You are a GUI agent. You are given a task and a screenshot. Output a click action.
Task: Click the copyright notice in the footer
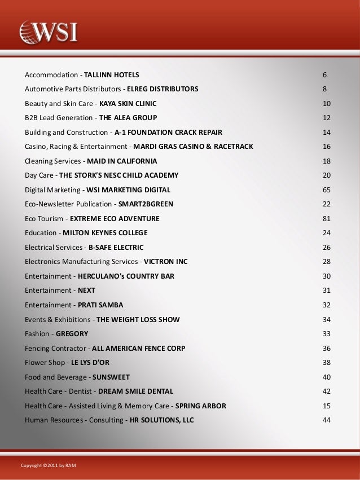click(x=48, y=465)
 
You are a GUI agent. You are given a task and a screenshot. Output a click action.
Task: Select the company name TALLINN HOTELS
click(x=112, y=74)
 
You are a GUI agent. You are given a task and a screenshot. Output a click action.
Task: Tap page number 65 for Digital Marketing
click(x=326, y=190)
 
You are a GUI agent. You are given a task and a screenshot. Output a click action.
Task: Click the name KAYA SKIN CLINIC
click(x=128, y=104)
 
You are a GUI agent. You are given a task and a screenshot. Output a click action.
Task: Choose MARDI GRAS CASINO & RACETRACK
click(x=192, y=147)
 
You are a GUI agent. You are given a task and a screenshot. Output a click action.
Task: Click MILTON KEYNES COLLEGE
click(x=105, y=232)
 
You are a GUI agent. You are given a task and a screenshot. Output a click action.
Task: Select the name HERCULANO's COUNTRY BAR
click(x=126, y=276)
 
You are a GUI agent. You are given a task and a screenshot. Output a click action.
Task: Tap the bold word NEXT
click(x=86, y=290)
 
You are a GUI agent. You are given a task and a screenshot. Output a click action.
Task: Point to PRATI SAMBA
click(x=100, y=305)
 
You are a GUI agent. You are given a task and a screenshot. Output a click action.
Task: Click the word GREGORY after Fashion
click(x=72, y=333)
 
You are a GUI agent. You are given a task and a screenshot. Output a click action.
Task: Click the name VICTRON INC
click(x=166, y=261)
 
